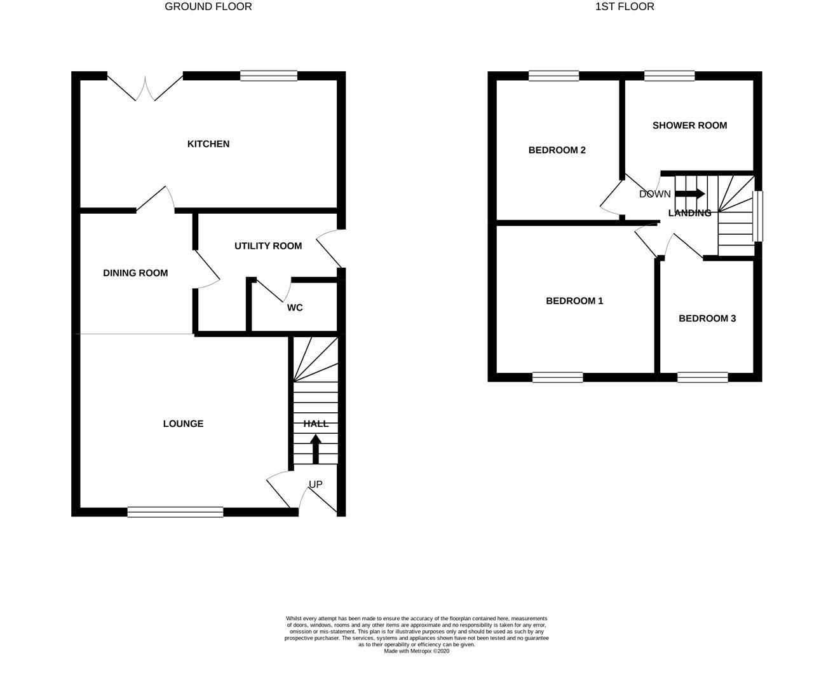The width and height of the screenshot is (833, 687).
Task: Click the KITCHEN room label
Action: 208,144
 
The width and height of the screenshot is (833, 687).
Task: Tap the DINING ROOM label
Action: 135,273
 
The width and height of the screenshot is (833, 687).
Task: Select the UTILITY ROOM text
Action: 268,246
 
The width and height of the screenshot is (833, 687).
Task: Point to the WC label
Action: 295,308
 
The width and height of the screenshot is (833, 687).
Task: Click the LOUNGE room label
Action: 183,424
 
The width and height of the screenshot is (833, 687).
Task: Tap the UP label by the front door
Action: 315,485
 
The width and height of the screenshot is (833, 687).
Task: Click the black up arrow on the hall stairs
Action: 315,448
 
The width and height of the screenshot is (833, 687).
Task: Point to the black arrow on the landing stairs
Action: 690,193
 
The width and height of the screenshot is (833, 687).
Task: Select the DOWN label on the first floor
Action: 654,194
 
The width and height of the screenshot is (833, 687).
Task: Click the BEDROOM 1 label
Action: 574,301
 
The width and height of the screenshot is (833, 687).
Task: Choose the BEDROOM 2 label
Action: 557,150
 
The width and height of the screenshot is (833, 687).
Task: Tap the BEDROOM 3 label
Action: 707,318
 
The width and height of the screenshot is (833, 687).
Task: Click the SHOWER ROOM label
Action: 689,125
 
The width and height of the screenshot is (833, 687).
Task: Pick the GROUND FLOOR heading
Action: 208,7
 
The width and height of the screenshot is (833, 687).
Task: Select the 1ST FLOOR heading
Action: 625,7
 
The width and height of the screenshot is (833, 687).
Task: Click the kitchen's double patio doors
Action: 146,88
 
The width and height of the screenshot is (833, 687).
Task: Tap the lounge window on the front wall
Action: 175,511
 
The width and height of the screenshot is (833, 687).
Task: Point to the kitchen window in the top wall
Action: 268,76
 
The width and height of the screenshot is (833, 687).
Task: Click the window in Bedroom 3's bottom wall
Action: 702,377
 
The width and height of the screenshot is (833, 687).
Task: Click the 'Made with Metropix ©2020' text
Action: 416,651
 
